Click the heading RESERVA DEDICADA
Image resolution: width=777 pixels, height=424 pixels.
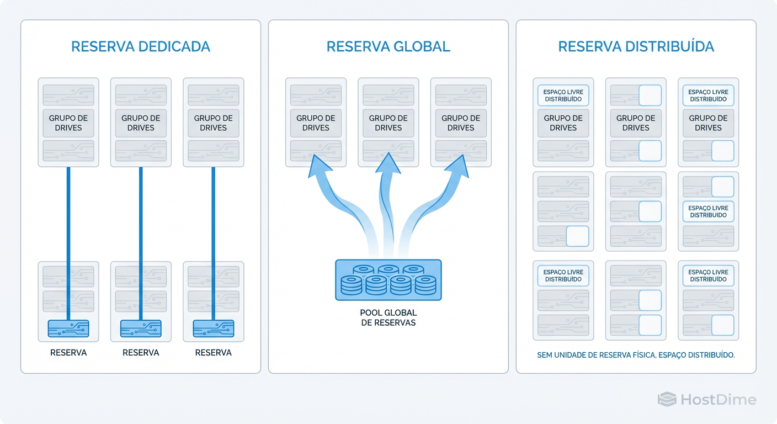point(141,46)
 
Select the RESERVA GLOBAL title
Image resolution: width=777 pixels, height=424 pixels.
point(388,46)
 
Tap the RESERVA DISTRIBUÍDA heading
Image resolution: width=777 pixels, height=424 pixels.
point(636,46)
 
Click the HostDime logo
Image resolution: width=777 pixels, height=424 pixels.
point(706,400)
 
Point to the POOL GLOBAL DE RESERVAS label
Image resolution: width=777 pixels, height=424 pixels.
point(388,317)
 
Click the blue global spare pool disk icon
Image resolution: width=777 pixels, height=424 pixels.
point(388,280)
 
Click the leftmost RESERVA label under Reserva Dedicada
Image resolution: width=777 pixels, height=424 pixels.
point(68,352)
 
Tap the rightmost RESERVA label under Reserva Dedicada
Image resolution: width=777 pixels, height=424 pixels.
point(213,352)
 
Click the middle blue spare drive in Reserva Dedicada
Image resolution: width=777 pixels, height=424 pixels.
point(141,328)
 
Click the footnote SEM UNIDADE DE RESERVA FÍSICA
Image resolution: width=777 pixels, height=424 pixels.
point(636,355)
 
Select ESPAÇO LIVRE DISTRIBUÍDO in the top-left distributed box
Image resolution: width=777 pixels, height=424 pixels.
point(563,96)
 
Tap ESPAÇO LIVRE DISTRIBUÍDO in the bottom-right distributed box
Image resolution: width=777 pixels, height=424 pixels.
point(708,275)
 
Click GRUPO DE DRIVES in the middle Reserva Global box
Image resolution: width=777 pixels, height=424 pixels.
point(388,123)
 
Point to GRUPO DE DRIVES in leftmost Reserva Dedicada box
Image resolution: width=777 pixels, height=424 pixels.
point(68,123)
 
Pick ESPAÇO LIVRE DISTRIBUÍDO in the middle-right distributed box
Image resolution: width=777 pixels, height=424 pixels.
point(708,211)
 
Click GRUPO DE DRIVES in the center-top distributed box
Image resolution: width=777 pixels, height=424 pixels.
point(636,123)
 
